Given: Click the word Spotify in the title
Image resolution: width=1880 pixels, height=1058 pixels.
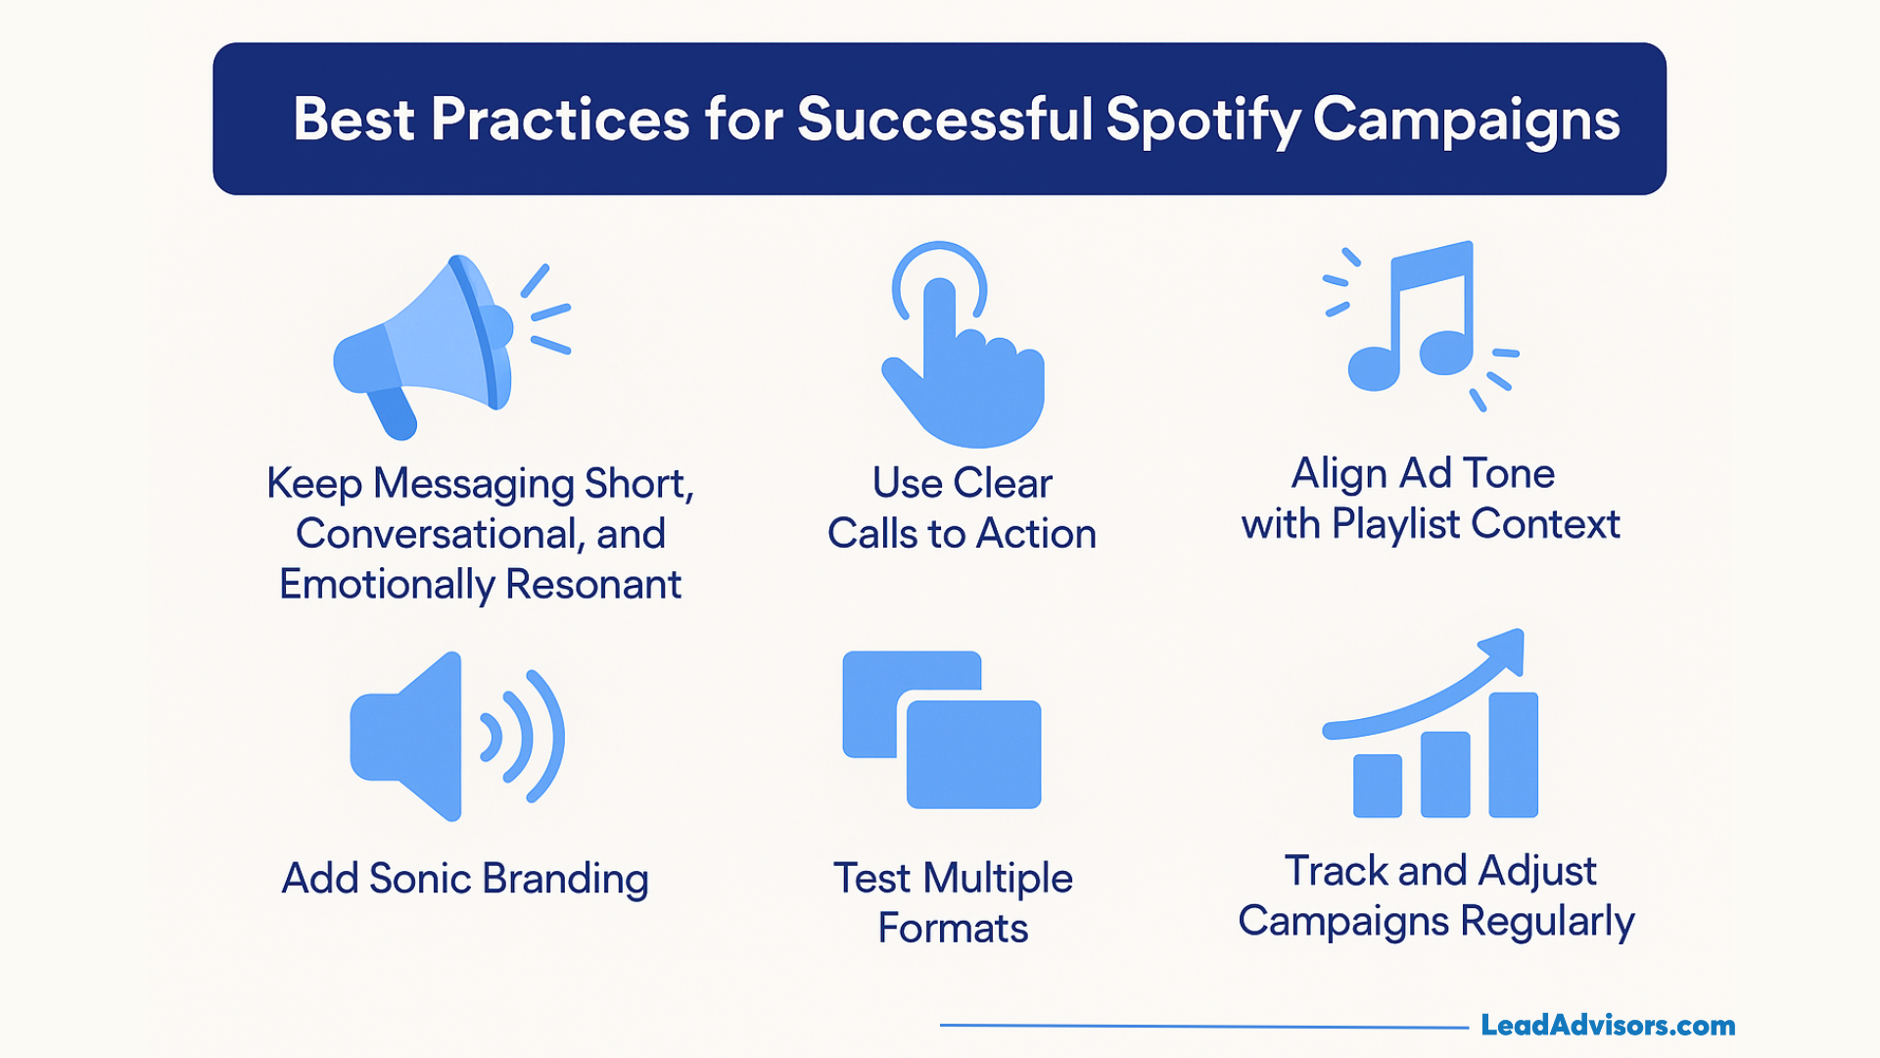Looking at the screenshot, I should (x=1202, y=120).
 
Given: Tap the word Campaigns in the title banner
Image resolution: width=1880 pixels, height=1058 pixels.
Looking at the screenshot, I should (x=1466, y=120).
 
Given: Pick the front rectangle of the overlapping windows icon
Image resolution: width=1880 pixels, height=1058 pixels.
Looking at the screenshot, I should (x=973, y=754).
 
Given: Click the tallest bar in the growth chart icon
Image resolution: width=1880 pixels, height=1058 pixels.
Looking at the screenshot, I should (x=1513, y=754).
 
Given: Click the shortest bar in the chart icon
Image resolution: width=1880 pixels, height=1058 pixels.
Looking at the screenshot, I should (x=1377, y=786).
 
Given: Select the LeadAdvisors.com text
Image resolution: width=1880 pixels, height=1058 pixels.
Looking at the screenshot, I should (x=1607, y=1026).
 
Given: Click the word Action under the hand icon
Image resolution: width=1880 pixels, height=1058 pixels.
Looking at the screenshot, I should (x=1036, y=534).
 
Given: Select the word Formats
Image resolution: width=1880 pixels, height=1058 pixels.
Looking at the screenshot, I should (x=953, y=929).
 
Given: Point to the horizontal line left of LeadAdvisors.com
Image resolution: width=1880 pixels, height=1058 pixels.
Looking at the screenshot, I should (x=1204, y=1027).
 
